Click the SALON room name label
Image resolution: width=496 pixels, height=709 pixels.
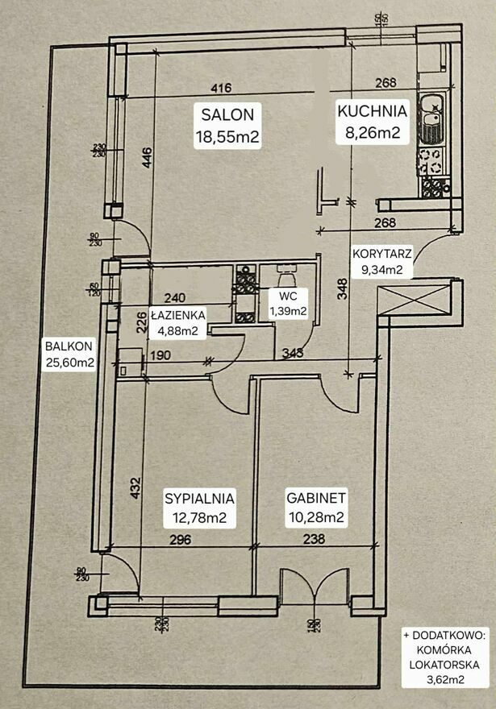click(x=227, y=114)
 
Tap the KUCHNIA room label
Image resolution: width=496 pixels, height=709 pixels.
click(x=373, y=111)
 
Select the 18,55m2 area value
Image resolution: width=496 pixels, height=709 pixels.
click(x=227, y=136)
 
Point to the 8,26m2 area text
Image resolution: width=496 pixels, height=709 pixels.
click(x=373, y=133)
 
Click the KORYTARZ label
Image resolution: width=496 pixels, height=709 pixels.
click(x=382, y=253)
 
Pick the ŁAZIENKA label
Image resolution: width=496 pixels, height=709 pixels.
click(x=177, y=314)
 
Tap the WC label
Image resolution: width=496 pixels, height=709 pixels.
click(x=287, y=296)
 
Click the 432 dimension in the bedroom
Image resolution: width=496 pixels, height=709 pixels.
click(x=136, y=491)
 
